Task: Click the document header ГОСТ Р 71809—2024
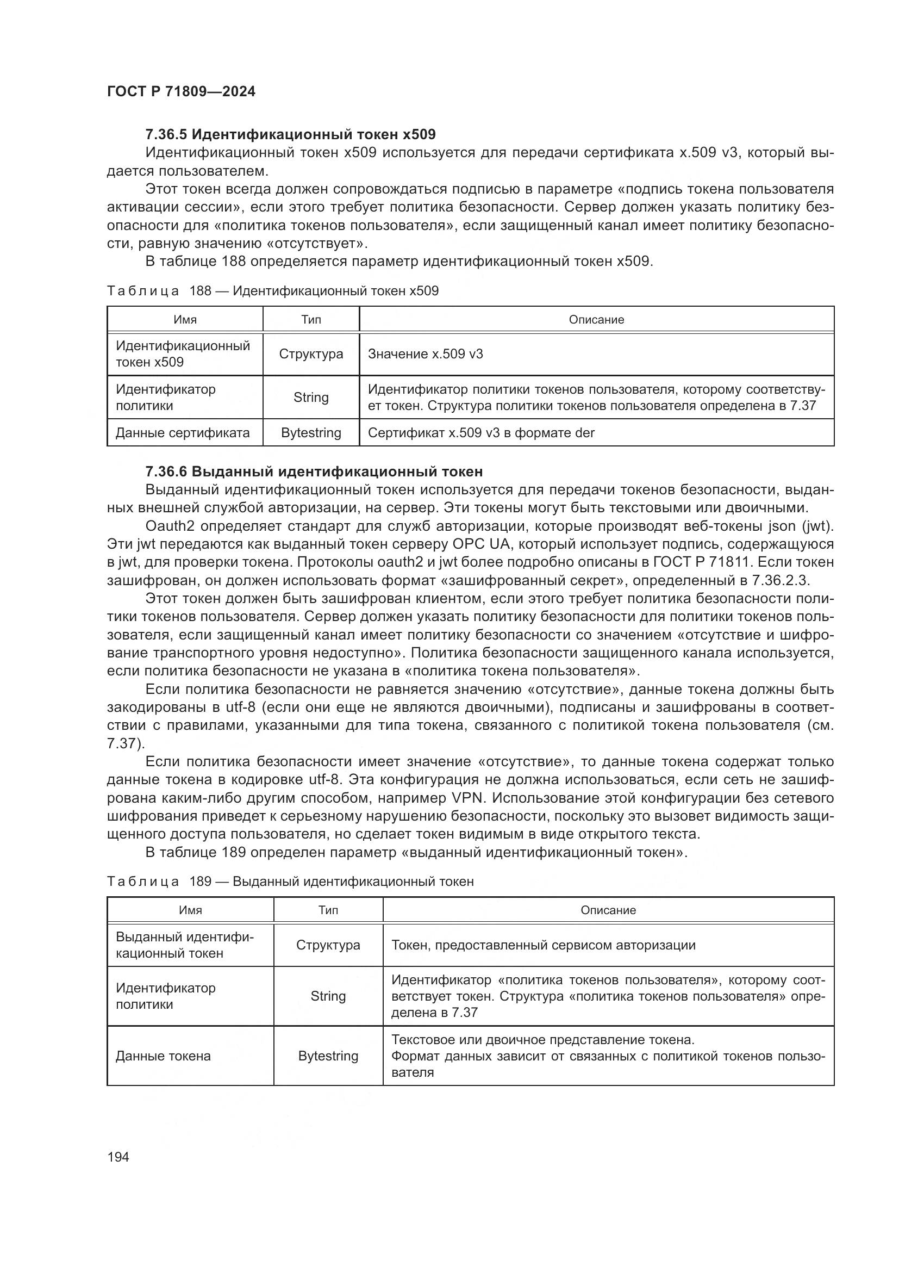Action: pyautogui.click(x=181, y=92)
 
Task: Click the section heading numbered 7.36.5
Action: pyautogui.click(x=290, y=134)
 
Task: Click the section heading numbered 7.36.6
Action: pyautogui.click(x=314, y=471)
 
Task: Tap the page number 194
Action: pyautogui.click(x=118, y=1157)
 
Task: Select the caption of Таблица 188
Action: pyautogui.click(x=272, y=291)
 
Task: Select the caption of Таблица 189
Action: pyautogui.click(x=290, y=882)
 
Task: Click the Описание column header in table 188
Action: pyautogui.click(x=596, y=320)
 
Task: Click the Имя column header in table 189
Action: pyautogui.click(x=190, y=910)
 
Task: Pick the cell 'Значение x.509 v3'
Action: pyautogui.click(x=425, y=354)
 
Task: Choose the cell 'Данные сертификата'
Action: pyautogui.click(x=183, y=433)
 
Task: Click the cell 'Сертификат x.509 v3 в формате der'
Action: pyautogui.click(x=480, y=433)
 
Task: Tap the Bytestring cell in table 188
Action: pyautogui.click(x=311, y=433)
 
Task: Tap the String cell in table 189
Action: pyautogui.click(x=328, y=996)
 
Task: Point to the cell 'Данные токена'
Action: pyautogui.click(x=163, y=1056)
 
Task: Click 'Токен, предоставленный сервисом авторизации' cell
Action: pyautogui.click(x=543, y=945)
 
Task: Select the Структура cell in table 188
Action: pyautogui.click(x=311, y=354)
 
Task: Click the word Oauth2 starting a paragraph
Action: pyautogui.click(x=167, y=526)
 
